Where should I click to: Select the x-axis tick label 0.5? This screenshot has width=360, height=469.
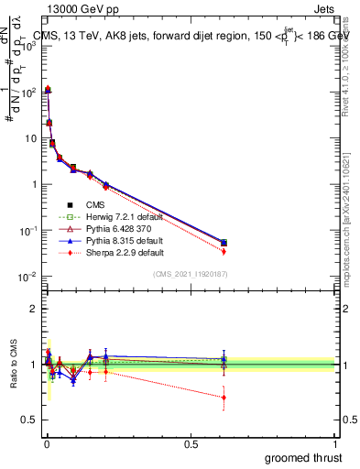tap(191, 443)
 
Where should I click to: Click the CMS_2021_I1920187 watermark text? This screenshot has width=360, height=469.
tap(191, 275)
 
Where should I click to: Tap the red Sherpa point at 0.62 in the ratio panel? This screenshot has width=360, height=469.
tap(224, 397)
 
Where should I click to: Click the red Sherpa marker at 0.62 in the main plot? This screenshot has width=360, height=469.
tap(224, 251)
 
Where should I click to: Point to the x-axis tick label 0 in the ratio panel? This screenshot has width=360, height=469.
tap(47, 443)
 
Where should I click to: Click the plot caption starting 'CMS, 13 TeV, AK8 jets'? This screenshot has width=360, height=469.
tap(183, 37)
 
